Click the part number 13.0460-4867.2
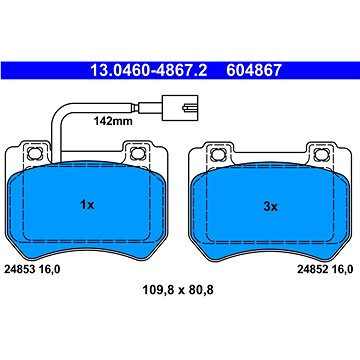(149, 70)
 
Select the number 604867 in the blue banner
(254, 70)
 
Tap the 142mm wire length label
(113, 121)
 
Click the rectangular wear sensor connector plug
(180, 108)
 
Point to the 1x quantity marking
(87, 205)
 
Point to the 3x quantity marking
(270, 207)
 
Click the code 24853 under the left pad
(20, 269)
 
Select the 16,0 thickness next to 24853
(50, 269)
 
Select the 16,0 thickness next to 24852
(343, 269)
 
